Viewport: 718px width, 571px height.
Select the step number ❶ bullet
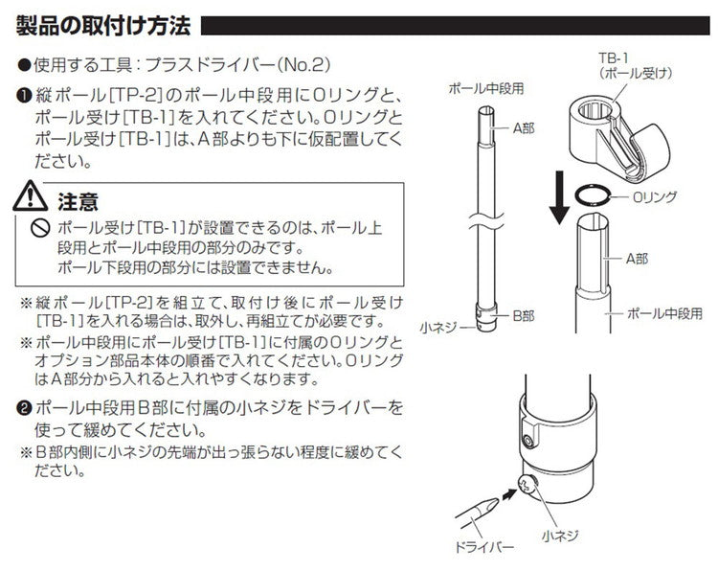[25, 98]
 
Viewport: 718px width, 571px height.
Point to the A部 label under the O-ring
[639, 259]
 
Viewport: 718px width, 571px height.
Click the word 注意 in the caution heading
[79, 202]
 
